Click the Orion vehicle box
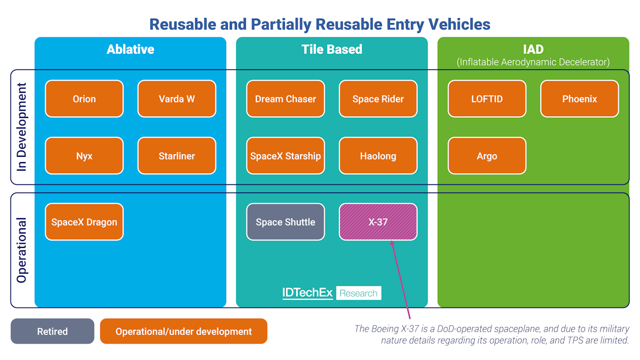pos(84,99)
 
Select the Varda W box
pos(177,99)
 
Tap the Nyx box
pos(84,156)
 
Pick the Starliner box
pos(177,156)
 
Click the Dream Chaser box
pos(285,99)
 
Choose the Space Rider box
pos(378,99)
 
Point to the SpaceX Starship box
pos(285,156)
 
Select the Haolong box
pos(378,156)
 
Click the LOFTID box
pos(487,99)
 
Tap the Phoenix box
pos(579,99)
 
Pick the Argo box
pos(487,156)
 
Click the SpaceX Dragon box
pos(84,222)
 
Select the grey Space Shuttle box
pos(285,222)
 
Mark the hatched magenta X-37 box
pos(378,222)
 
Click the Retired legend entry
pos(52,331)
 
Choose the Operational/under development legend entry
pos(183,331)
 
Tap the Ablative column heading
pos(130,49)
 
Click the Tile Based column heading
pos(332,49)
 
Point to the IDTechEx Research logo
pos(332,293)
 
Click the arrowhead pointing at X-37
pos(393,243)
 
